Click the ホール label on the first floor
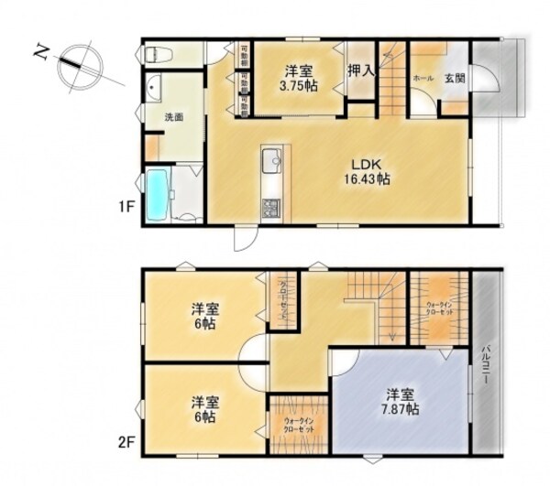[x=423, y=79]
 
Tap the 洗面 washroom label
[x=174, y=117]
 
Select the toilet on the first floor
[x=156, y=54]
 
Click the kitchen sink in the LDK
[x=272, y=165]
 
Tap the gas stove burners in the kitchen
[x=271, y=209]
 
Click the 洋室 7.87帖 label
[x=400, y=403]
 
